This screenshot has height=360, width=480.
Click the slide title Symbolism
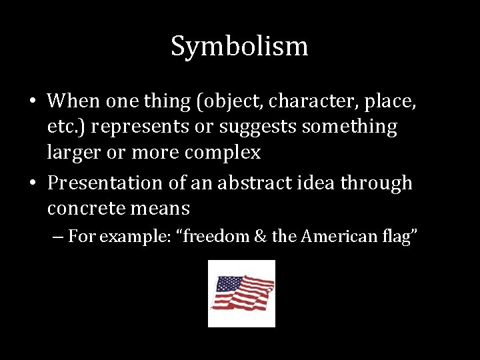(x=239, y=47)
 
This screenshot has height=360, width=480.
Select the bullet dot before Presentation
(x=32, y=183)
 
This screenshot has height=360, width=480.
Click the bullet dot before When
(x=32, y=101)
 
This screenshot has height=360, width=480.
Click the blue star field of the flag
(x=226, y=285)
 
